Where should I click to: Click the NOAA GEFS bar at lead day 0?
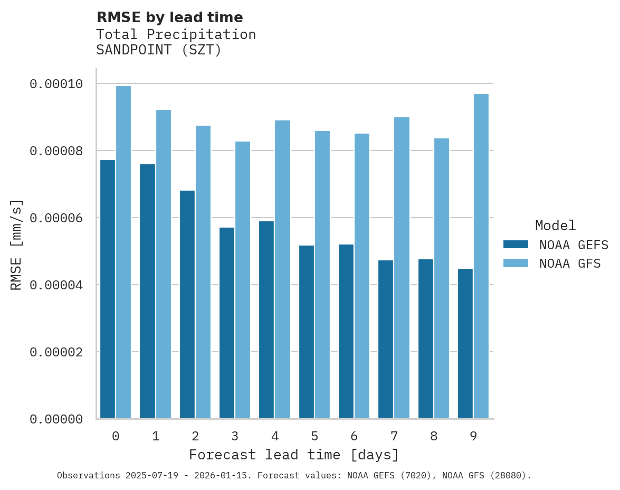point(108,289)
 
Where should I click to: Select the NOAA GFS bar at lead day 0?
point(123,252)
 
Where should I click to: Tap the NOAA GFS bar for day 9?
point(481,256)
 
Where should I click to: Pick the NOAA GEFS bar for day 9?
point(465,344)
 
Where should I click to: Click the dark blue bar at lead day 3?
point(227,323)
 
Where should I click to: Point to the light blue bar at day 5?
point(322,275)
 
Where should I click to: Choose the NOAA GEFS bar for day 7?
point(386,340)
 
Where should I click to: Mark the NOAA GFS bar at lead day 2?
point(203,272)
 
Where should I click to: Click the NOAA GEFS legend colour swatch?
point(516,244)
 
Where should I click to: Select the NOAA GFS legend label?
point(570,263)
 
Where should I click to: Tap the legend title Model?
point(555,225)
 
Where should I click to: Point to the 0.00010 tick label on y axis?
point(56,84)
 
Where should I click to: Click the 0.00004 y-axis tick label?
point(56,285)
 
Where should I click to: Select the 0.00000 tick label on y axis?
point(56,419)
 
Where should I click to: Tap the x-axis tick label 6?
point(354,436)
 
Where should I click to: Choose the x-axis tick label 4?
point(275,436)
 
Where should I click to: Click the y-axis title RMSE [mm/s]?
point(16,244)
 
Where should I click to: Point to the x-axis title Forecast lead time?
point(294,455)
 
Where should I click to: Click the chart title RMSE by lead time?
point(170,17)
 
